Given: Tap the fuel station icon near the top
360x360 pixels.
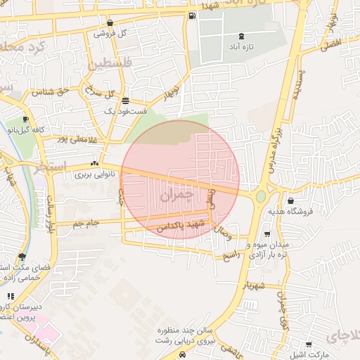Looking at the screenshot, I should coord(192,15).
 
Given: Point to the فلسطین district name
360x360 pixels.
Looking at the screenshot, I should coord(110,65).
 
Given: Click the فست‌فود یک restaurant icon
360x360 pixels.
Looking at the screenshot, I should coord(125,101).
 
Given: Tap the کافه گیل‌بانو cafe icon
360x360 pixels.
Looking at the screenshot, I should coord(26,120).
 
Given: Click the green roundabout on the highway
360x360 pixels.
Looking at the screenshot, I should coord(261,197).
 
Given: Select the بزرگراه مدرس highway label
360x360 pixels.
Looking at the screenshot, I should coord(276,145).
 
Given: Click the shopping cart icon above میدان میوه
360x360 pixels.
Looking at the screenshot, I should coord(266,234).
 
